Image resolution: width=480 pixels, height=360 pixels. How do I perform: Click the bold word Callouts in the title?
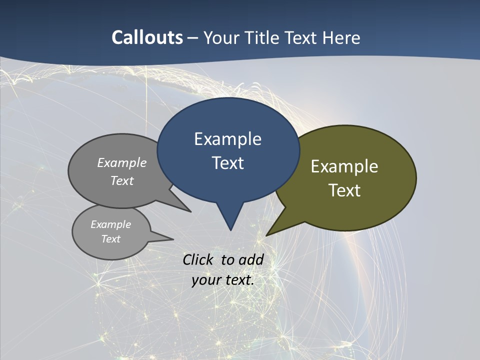click(x=147, y=37)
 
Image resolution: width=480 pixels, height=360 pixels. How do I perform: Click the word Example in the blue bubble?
click(x=227, y=139)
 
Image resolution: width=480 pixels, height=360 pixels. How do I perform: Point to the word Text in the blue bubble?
click(x=227, y=163)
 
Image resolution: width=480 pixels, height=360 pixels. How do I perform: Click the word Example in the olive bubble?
click(x=344, y=166)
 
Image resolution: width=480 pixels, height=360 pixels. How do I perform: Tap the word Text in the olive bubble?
click(x=344, y=190)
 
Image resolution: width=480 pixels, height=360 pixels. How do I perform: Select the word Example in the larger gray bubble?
click(x=121, y=162)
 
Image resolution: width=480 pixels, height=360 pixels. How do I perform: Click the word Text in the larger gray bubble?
click(x=121, y=180)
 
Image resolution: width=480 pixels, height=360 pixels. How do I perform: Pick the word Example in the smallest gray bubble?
click(x=110, y=224)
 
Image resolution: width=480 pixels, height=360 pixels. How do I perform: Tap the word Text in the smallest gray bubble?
click(x=110, y=239)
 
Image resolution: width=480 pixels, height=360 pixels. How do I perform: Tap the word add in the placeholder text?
click(x=250, y=259)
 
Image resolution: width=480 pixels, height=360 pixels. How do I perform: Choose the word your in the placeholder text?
click(x=205, y=280)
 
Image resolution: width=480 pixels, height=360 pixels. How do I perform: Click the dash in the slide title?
click(x=192, y=37)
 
